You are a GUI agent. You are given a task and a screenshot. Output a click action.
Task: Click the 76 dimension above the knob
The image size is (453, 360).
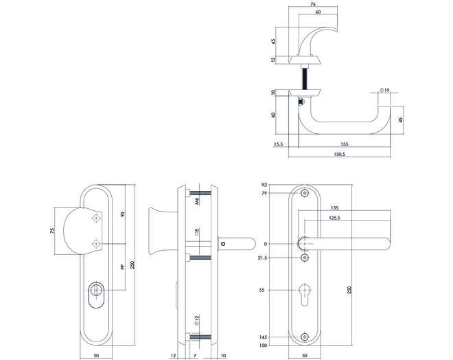(x=313, y=4)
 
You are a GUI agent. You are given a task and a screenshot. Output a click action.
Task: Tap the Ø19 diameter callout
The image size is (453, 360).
(x=385, y=90)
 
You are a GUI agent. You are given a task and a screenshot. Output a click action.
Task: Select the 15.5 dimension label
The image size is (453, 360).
(x=278, y=144)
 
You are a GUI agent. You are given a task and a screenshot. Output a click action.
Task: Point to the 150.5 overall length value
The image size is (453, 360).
(x=340, y=154)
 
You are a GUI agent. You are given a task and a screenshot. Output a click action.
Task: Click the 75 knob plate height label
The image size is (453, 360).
(x=52, y=231)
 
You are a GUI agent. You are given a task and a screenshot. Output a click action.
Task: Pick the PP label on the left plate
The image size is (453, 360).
(x=122, y=267)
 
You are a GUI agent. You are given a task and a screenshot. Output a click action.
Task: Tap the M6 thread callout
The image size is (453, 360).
(x=197, y=201)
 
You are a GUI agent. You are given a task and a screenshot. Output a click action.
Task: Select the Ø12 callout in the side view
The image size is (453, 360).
(x=197, y=320)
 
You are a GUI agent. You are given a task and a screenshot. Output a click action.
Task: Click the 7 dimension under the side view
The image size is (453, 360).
(x=195, y=355)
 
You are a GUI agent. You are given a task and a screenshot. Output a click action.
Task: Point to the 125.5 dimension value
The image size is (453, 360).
(x=334, y=218)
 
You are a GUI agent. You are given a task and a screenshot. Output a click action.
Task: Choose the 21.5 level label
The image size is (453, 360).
(x=263, y=258)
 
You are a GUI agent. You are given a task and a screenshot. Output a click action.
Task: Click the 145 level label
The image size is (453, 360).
(x=263, y=337)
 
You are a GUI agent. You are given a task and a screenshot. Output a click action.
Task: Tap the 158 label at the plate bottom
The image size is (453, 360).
(x=263, y=345)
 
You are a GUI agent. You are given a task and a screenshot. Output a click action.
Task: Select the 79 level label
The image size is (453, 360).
(x=264, y=193)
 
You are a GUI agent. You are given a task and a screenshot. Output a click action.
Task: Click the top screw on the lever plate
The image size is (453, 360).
(x=305, y=193)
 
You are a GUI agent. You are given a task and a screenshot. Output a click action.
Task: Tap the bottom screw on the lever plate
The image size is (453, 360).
(x=305, y=337)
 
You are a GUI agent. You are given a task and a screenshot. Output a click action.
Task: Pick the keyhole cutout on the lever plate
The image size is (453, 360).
(x=305, y=295)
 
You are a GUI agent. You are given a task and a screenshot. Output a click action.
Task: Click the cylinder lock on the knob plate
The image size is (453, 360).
(x=96, y=294)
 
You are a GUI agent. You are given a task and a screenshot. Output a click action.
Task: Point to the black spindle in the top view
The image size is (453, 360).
(x=305, y=79)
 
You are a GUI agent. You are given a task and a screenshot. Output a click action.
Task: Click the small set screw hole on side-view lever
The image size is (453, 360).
(x=223, y=244)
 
